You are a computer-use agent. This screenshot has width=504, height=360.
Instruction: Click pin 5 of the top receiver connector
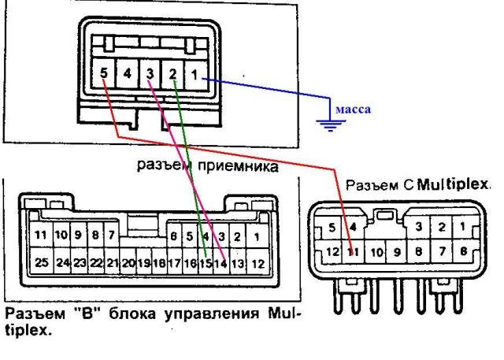point(106,75)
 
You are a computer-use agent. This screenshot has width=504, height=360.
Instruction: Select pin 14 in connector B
point(220,262)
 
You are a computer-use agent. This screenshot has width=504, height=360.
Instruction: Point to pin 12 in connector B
point(255,262)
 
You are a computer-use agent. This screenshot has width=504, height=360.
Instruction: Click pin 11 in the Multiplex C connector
point(354,252)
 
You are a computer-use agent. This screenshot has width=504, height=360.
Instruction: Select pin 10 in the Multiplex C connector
point(376,252)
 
